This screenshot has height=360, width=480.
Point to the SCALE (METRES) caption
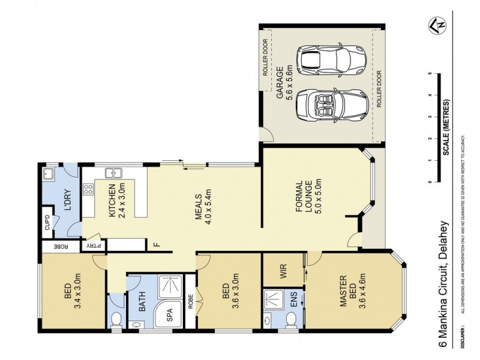point(447,125)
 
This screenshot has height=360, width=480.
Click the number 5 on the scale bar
point(430,74)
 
